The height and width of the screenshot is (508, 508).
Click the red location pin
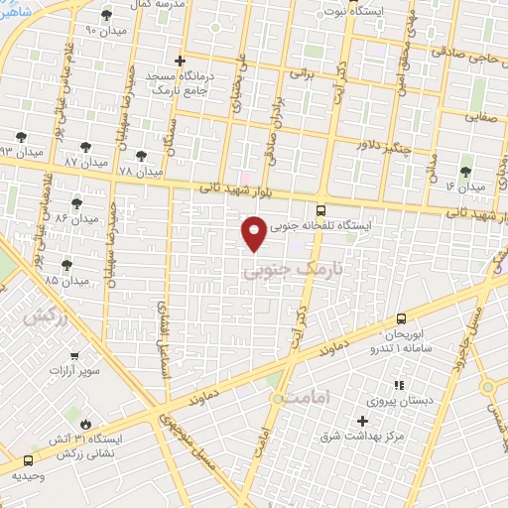point(255,232)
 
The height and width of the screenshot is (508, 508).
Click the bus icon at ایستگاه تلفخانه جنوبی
point(319,210)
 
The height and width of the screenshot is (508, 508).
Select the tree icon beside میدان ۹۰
point(107,16)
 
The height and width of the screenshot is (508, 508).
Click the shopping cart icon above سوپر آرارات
point(73,354)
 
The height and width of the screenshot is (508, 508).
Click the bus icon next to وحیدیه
point(27,461)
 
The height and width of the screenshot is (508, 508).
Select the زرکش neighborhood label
point(43,318)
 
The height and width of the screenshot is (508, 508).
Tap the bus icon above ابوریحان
point(401,318)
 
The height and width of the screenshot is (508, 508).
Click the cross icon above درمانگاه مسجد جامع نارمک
point(180,61)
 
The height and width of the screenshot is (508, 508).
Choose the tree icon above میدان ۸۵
point(66,264)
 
